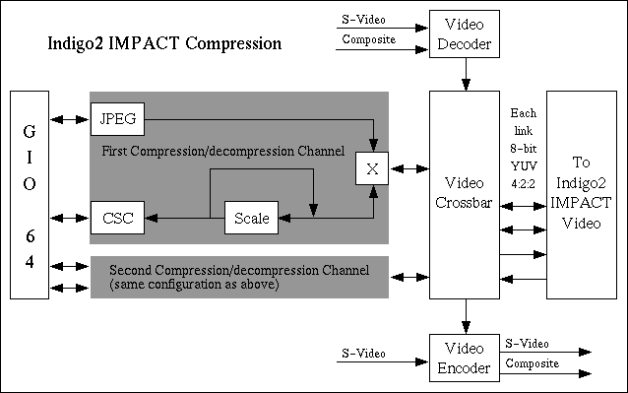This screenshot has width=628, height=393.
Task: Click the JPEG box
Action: pos(117,120)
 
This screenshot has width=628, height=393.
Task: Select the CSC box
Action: pos(117,218)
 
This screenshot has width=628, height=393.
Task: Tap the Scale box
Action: pos(251,218)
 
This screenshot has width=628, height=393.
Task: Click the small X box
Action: pos(371,168)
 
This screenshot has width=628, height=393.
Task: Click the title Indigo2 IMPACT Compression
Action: pos(165,45)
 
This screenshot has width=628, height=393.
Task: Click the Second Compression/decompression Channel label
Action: pos(239,269)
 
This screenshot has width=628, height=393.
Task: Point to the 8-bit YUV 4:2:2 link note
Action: pos(524,148)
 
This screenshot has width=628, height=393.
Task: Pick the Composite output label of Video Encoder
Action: pos(533,364)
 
